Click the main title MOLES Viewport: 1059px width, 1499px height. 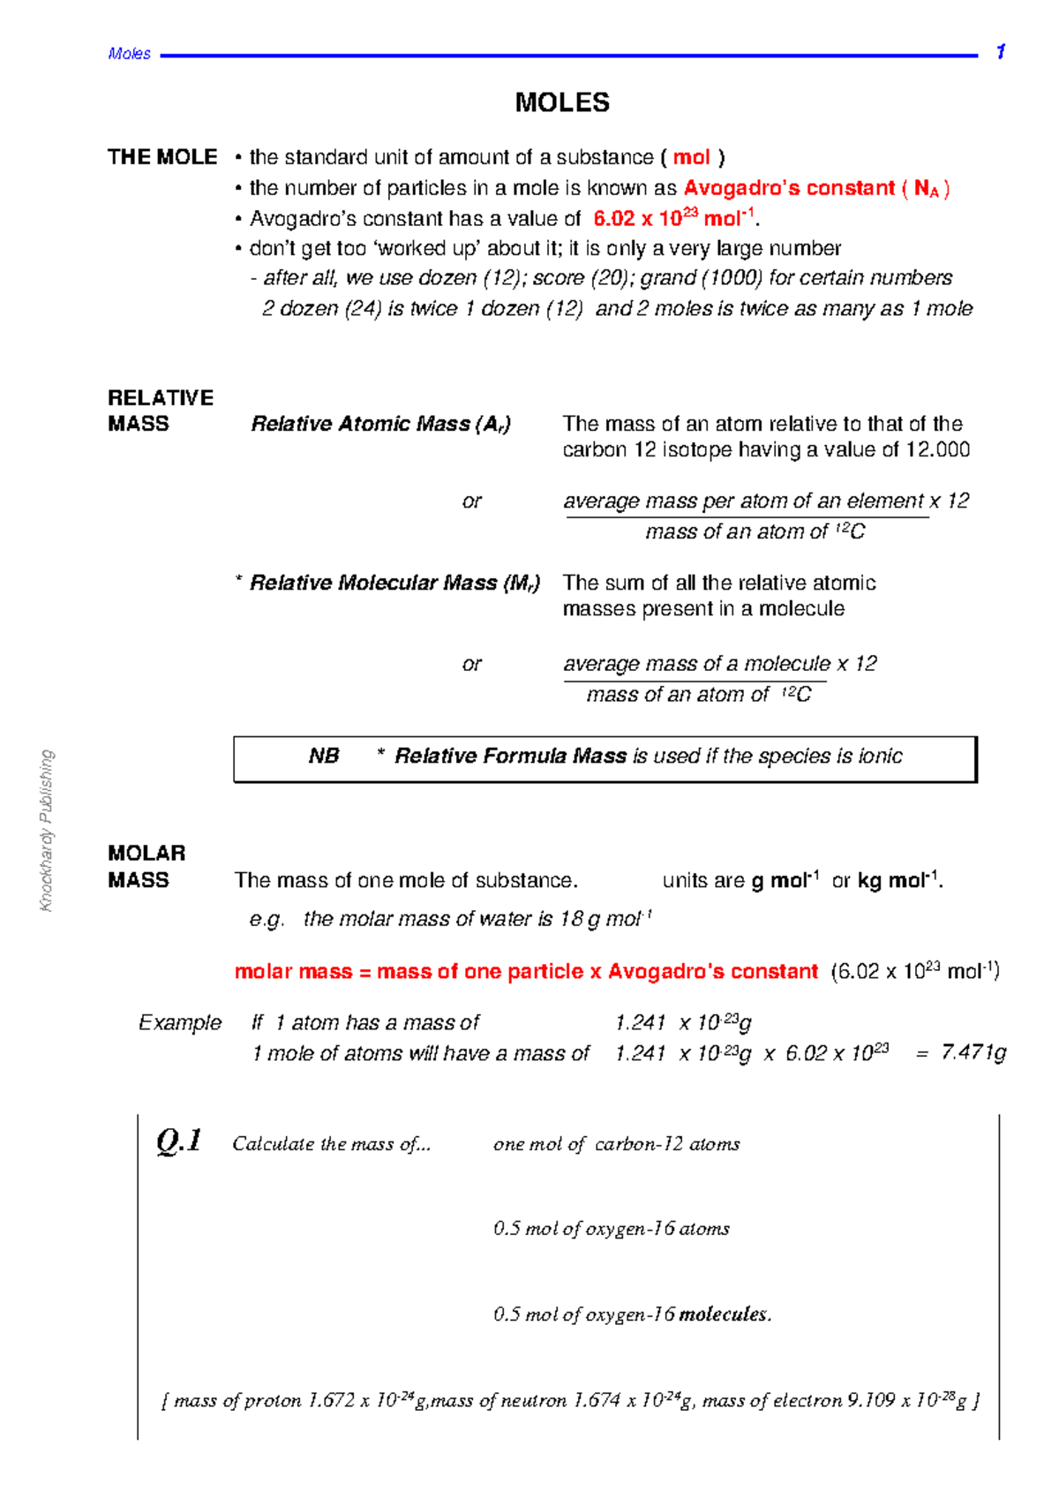point(562,102)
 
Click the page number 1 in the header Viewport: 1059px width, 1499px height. point(1000,52)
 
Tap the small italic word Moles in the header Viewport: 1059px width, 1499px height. point(129,54)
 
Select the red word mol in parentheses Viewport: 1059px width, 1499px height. point(691,157)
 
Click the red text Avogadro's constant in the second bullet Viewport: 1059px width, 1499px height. point(789,188)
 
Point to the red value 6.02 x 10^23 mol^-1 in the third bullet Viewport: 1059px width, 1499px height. point(673,218)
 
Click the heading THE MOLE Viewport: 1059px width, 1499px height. point(162,157)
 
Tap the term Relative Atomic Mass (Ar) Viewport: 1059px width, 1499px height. point(380,424)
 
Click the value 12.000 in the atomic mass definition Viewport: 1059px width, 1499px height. point(937,449)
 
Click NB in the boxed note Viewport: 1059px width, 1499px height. point(324,756)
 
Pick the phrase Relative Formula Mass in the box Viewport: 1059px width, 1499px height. point(510,756)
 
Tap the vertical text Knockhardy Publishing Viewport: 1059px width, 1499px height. point(47,830)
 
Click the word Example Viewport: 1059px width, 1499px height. point(180,1022)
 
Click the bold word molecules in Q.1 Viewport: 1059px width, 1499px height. point(724,1314)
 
